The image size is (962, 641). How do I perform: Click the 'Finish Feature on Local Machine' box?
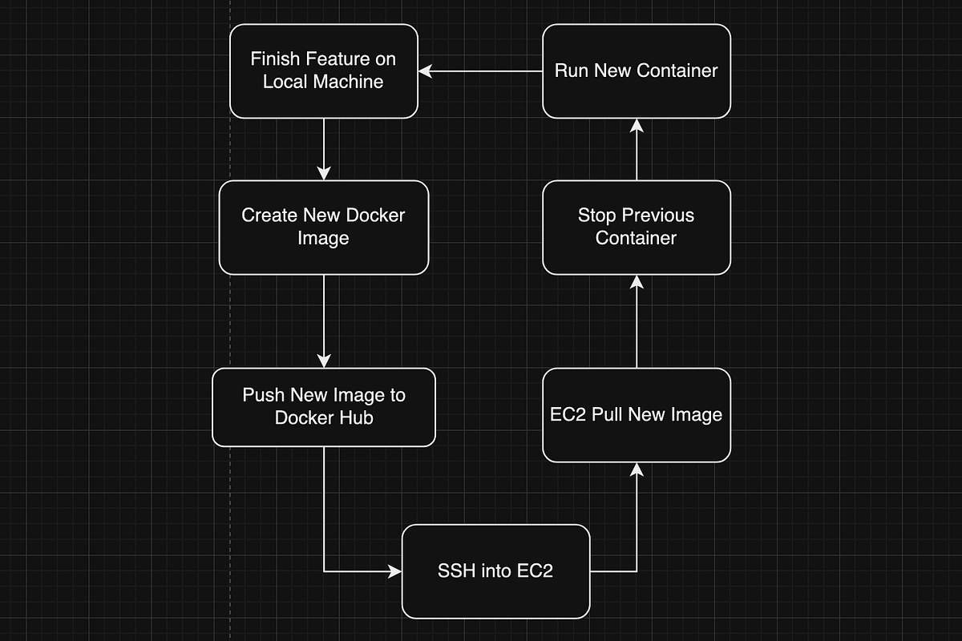click(323, 71)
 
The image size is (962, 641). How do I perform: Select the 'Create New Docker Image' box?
click(323, 227)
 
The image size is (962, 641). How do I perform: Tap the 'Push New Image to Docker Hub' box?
click(323, 406)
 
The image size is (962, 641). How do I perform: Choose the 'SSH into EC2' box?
click(495, 571)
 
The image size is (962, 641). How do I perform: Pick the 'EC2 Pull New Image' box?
click(636, 415)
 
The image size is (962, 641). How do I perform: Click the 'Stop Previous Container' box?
click(636, 227)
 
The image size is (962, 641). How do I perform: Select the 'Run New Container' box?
click(636, 71)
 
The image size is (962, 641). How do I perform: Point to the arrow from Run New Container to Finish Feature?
click(481, 71)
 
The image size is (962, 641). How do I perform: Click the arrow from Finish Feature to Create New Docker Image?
click(323, 149)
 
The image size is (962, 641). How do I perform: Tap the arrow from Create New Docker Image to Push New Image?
click(323, 320)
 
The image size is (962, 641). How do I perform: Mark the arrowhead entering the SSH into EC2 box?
click(394, 571)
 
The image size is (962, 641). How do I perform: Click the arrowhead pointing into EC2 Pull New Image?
click(637, 470)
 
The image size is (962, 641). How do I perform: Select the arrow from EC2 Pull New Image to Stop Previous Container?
click(637, 320)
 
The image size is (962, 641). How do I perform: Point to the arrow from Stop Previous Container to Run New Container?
click(637, 149)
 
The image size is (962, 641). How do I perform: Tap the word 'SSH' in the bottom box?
click(455, 571)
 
